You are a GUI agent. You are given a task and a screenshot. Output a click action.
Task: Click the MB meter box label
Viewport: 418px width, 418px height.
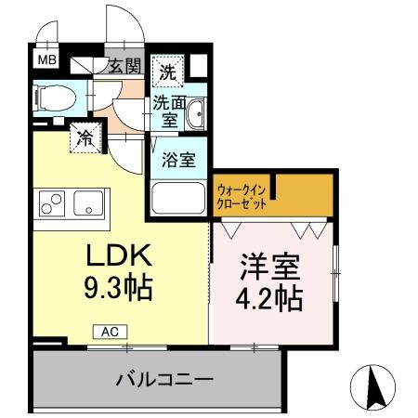pos(45,60)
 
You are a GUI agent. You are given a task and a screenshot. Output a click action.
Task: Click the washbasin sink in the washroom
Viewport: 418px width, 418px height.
pos(195,115)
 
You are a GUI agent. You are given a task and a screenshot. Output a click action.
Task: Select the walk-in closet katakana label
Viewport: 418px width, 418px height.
pos(242,197)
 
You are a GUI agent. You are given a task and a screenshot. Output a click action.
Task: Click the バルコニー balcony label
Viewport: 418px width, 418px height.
pos(165,380)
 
